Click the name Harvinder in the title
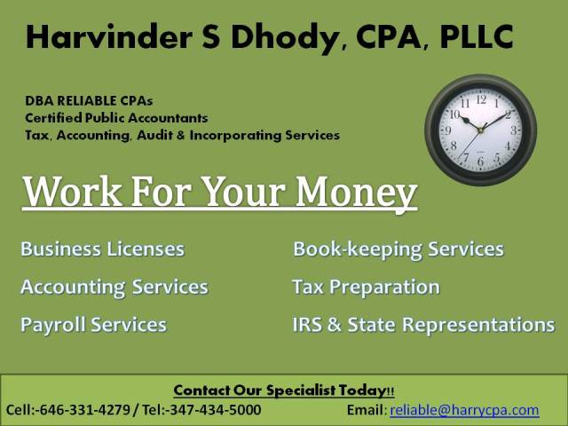click(x=108, y=36)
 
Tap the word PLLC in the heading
click(x=477, y=36)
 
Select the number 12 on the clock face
click(x=481, y=99)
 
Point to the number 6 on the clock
click(x=481, y=162)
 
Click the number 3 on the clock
click(x=513, y=130)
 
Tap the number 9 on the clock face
click(x=448, y=130)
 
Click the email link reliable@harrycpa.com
click(x=464, y=410)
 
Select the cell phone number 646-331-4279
click(x=85, y=410)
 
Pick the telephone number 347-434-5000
click(x=215, y=410)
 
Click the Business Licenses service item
click(x=103, y=248)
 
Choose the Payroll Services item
click(x=93, y=325)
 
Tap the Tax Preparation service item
click(x=366, y=288)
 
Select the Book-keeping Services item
click(x=398, y=249)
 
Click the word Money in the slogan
click(x=357, y=192)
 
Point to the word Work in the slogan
click(x=72, y=192)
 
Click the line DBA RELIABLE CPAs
click(x=89, y=100)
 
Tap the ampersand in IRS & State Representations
click(x=334, y=324)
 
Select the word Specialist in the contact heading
click(x=301, y=390)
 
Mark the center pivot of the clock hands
click(x=481, y=130)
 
